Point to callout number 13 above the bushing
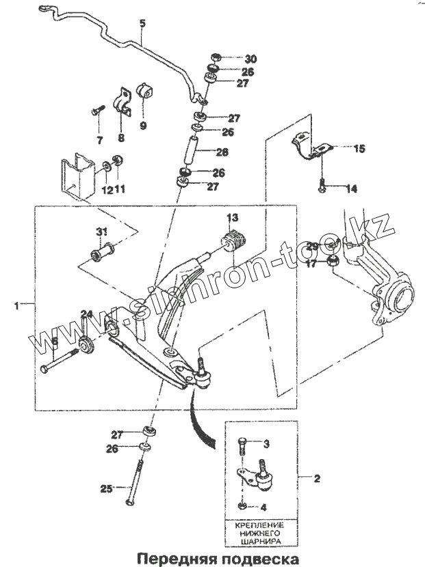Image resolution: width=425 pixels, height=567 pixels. point(233,218)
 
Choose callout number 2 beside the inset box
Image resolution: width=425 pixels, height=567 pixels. point(316,478)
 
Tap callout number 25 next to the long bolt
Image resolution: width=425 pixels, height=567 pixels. point(105,488)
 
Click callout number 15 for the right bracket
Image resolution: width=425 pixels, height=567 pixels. point(358,148)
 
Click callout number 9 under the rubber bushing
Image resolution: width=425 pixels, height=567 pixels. point(143,126)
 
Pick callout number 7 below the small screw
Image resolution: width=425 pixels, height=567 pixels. point(99,141)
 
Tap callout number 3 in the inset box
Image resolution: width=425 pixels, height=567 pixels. point(266,445)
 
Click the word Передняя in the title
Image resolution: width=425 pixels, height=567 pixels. point(172,557)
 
